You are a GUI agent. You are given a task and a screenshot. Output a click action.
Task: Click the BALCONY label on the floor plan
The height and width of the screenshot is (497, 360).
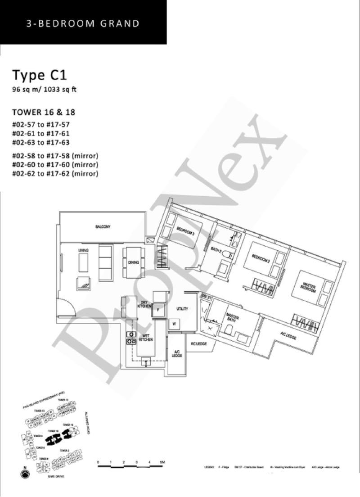103,227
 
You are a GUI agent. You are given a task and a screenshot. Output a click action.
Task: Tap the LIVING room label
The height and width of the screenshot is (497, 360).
83,250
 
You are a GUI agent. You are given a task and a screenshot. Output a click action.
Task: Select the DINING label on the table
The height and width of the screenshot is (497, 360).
133,262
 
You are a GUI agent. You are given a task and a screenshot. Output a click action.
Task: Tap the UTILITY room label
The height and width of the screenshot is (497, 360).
182,309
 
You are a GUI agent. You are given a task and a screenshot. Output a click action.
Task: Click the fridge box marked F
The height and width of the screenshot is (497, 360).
158,310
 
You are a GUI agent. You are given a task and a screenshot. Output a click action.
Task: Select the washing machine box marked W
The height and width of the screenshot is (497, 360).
174,323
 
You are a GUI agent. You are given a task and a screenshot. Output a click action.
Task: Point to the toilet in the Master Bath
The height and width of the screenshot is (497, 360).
229,330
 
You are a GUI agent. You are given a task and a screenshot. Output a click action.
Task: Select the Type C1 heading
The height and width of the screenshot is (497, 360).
39,75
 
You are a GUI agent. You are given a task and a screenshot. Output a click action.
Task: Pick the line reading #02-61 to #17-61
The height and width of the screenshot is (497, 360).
41,134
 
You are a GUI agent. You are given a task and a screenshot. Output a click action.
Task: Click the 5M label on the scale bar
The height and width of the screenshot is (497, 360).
162,463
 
